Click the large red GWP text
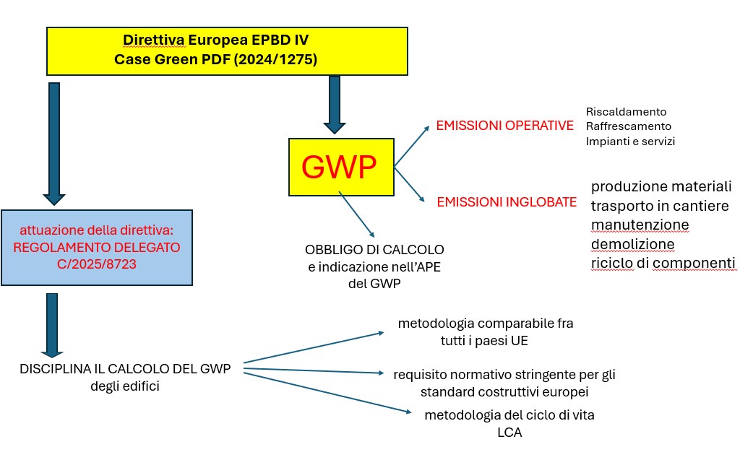[x=339, y=167]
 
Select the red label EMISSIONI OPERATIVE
[x=504, y=126]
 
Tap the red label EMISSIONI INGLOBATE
[x=507, y=202]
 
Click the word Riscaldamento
[x=626, y=112]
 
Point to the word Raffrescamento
[x=628, y=126]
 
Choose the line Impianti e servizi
[x=630, y=142]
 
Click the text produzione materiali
[x=661, y=186]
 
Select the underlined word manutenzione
[x=640, y=225]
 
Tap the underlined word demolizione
[x=632, y=244]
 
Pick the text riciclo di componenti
[x=663, y=263]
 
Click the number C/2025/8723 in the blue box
[x=97, y=264]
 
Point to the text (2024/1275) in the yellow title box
[x=275, y=59]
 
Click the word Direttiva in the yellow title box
[x=154, y=40]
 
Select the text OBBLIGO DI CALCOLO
[x=374, y=249]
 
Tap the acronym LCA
[x=509, y=433]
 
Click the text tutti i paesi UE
[x=484, y=340]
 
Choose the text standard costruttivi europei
[x=504, y=392]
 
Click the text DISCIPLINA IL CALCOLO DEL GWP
[x=125, y=369]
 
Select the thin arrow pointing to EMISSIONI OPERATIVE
[x=412, y=146]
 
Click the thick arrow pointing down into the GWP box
[x=335, y=105]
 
